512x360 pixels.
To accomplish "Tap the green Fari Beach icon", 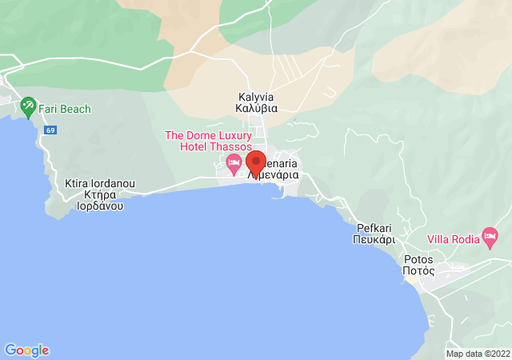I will tap(29, 106).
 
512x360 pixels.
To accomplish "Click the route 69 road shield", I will tap(51, 130).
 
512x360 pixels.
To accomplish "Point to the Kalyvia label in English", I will tap(257, 97).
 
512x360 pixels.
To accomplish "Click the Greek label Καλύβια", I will tap(257, 109).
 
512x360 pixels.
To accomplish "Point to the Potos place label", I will tap(419, 259).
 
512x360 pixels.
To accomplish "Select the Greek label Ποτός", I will tap(419, 271).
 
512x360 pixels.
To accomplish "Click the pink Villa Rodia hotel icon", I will tap(490, 236).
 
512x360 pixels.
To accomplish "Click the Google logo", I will tap(26, 350).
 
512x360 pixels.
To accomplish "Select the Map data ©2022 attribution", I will tap(477, 354).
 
